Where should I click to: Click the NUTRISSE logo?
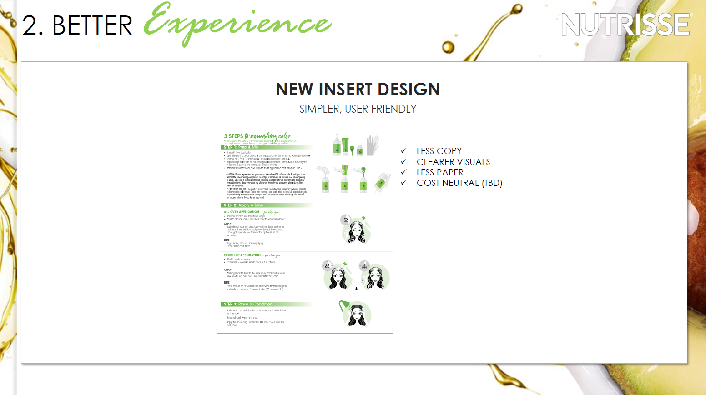click(x=625, y=25)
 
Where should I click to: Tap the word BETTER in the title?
click(x=92, y=25)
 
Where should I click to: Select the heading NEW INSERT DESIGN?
click(x=358, y=90)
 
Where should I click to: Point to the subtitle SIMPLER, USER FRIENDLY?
click(x=358, y=109)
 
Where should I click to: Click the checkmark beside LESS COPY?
click(x=403, y=150)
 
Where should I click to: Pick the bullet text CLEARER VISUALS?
click(x=453, y=162)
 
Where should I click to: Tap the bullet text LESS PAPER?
click(x=440, y=172)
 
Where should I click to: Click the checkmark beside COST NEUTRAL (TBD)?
click(x=403, y=183)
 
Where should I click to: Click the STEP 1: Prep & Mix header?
click(x=241, y=147)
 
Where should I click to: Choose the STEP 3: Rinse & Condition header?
click(x=248, y=304)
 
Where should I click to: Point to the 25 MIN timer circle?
click(x=346, y=220)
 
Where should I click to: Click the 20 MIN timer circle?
click(x=327, y=266)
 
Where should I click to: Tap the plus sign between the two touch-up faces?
click(x=356, y=289)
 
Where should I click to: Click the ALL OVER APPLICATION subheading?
click(x=242, y=212)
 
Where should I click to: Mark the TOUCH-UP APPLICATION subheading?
click(x=242, y=255)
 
